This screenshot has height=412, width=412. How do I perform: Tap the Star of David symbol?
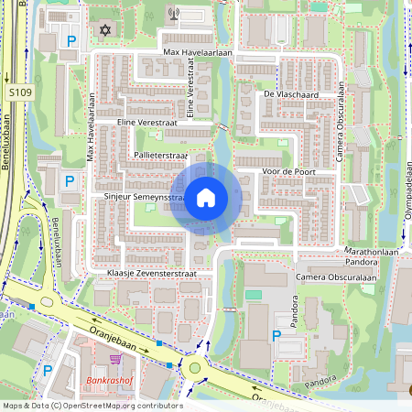(x=103, y=31)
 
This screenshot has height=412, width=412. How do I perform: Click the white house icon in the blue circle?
(x=206, y=198)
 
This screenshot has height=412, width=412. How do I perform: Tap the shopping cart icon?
(x=114, y=360)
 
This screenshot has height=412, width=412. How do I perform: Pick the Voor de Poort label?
(x=287, y=171)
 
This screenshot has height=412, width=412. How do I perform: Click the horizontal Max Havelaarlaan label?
(x=198, y=53)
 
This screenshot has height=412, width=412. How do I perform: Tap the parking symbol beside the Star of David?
(x=70, y=40)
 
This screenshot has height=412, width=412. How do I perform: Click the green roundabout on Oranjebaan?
(x=195, y=368)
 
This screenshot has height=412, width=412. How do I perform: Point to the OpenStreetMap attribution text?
(x=92, y=406)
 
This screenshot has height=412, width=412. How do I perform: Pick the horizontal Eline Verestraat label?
(x=145, y=121)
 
